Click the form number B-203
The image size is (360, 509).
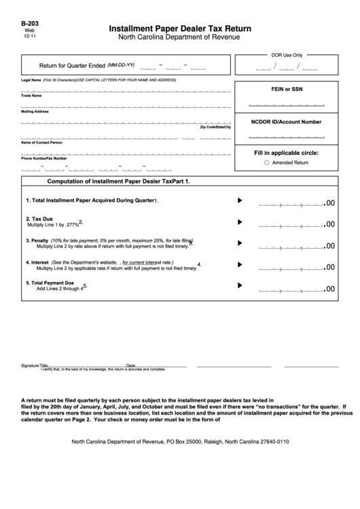[31, 22]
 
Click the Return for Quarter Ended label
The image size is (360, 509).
[72, 66]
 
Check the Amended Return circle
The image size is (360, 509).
[266, 163]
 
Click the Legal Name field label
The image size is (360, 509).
[31, 80]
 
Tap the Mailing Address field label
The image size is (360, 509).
[35, 111]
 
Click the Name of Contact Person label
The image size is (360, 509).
[41, 143]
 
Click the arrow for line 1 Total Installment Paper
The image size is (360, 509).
[239, 200]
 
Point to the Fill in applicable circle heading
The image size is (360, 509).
[286, 153]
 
